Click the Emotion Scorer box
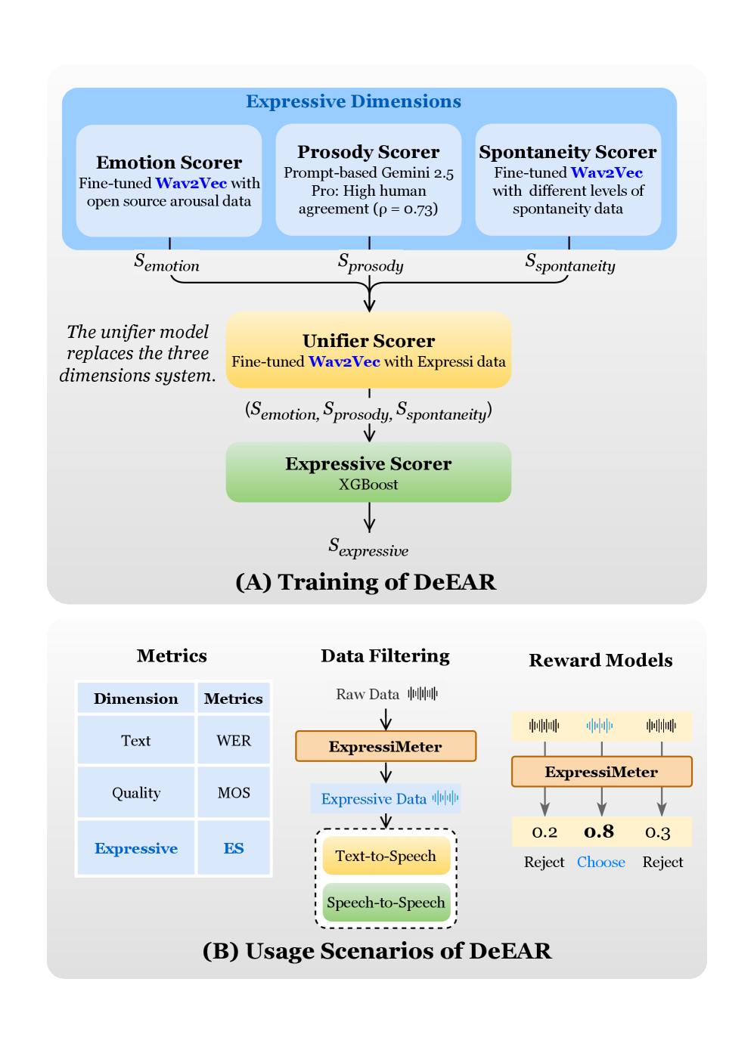(x=169, y=181)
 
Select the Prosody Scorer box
(x=368, y=180)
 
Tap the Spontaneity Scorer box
(x=568, y=180)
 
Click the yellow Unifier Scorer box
(x=368, y=350)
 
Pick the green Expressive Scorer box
(x=368, y=472)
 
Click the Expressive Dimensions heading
(x=353, y=101)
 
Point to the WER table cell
(x=234, y=741)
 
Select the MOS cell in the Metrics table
(x=234, y=793)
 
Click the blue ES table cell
(x=234, y=848)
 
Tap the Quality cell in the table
(x=136, y=793)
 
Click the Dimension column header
(x=136, y=699)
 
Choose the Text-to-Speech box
(x=386, y=856)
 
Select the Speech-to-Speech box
(x=386, y=903)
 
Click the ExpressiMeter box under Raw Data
(x=386, y=746)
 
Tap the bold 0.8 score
(x=599, y=832)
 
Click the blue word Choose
(x=601, y=862)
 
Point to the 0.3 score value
(x=658, y=832)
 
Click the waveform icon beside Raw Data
(x=423, y=693)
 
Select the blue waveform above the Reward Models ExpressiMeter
(x=600, y=726)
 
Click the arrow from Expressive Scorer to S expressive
(x=369, y=518)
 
